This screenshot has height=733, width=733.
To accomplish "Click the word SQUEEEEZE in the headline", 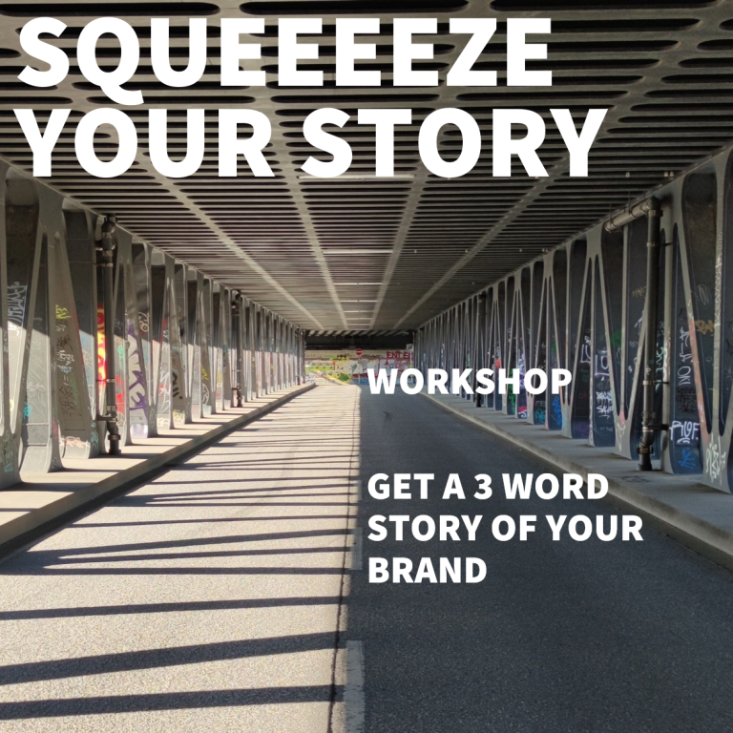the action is coord(285,56).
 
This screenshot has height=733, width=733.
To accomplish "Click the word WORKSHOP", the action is coord(470,382).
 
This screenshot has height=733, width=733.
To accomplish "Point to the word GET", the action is coord(401,487).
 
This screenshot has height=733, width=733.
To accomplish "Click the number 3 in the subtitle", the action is coord(483,487).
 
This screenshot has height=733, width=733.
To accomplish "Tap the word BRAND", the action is coord(428,570).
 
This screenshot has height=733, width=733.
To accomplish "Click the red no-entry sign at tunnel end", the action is coord(359,352).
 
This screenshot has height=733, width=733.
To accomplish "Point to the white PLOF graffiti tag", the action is coord(684,432).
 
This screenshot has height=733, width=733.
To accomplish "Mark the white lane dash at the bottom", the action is coord(354,687).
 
